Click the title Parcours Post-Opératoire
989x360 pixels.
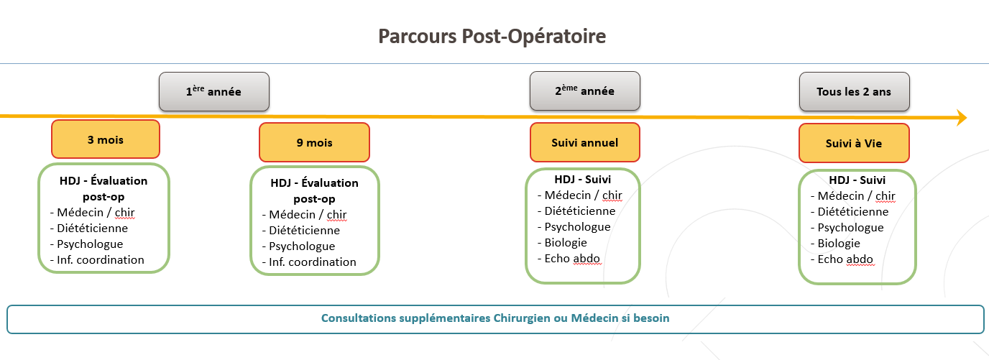(x=492, y=36)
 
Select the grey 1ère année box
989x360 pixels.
(x=214, y=91)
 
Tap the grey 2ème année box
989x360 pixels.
(x=584, y=91)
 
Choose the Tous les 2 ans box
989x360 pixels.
(x=853, y=91)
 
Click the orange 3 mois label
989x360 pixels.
(x=105, y=139)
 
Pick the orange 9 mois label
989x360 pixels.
(x=314, y=142)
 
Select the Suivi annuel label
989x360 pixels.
(x=584, y=142)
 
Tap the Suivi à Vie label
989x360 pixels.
(x=853, y=143)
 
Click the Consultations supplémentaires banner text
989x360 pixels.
(x=495, y=318)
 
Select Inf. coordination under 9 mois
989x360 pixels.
(x=312, y=262)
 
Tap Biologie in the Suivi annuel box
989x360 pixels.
(x=566, y=242)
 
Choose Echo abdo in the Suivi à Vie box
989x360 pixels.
(x=845, y=259)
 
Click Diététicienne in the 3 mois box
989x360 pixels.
(x=92, y=228)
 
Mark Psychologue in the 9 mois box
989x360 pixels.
(x=302, y=246)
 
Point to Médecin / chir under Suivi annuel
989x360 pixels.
(x=583, y=195)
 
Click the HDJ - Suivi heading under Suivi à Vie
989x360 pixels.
(x=857, y=180)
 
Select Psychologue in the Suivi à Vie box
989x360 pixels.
(x=850, y=227)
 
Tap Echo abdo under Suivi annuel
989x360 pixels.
(x=572, y=258)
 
